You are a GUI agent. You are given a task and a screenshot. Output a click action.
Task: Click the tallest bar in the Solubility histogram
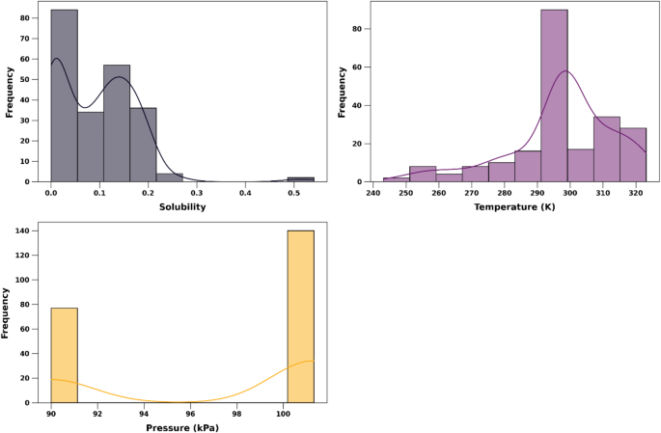(x=64, y=96)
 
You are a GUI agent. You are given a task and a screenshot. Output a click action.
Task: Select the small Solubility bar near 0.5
(x=300, y=178)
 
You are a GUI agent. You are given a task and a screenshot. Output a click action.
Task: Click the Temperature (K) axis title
(x=514, y=207)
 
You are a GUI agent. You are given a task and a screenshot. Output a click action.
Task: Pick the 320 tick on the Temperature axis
(x=637, y=193)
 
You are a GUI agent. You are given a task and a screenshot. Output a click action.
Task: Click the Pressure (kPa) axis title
(x=182, y=427)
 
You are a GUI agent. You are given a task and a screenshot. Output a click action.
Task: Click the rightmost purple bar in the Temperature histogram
(x=633, y=154)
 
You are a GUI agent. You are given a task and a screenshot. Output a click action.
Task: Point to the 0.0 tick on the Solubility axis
(x=51, y=193)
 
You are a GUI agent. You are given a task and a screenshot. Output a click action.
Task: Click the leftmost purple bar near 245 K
(x=396, y=179)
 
